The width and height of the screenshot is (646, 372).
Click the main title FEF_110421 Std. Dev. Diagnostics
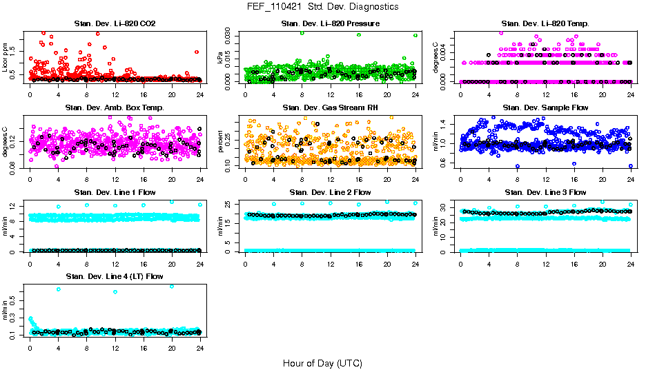(x=322, y=7)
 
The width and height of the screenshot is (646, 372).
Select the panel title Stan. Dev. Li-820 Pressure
(x=330, y=23)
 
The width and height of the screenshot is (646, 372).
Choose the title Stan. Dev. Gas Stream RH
(x=330, y=107)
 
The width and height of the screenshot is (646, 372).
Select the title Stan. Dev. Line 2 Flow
(x=330, y=192)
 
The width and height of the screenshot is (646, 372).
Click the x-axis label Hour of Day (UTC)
(x=322, y=362)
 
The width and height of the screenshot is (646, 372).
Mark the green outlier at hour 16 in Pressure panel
(x=359, y=35)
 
